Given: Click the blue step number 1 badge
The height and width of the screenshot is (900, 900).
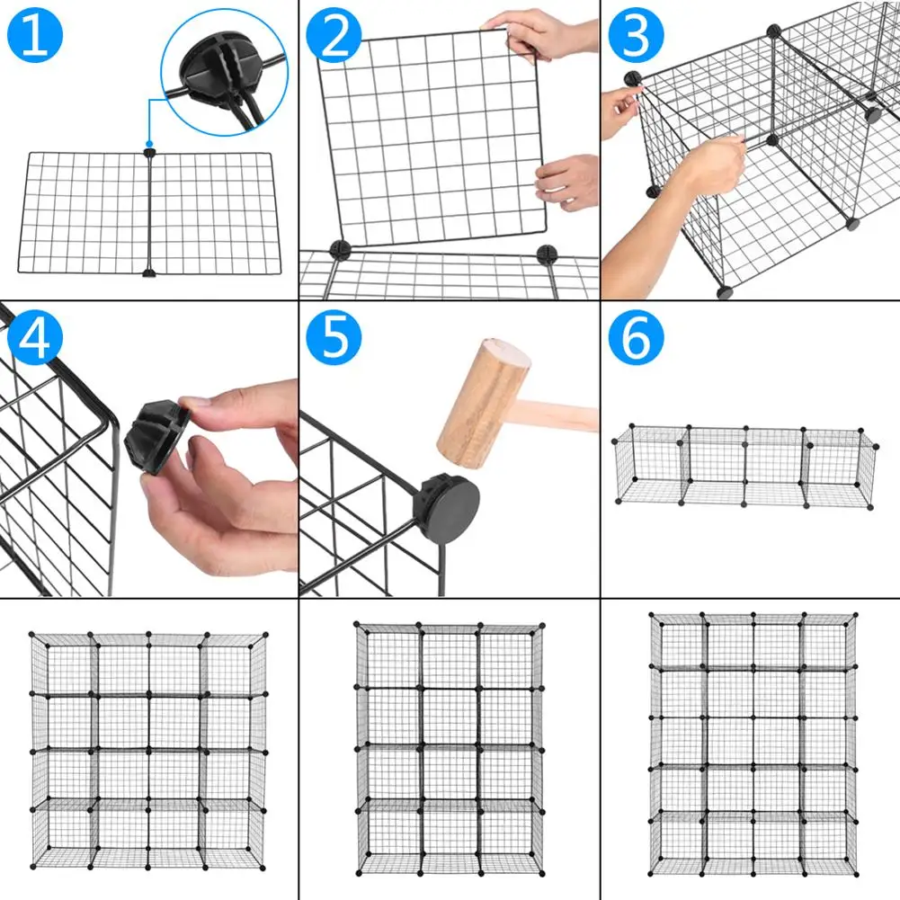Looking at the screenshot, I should pyautogui.click(x=34, y=37).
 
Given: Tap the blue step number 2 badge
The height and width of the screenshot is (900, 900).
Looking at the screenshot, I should pyautogui.click(x=334, y=36).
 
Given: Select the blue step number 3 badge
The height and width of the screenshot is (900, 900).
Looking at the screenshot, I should pyautogui.click(x=635, y=36).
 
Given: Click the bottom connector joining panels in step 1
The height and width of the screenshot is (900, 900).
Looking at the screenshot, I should pyautogui.click(x=149, y=272).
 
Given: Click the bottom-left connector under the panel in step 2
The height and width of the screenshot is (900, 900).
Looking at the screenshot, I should pyautogui.click(x=339, y=249).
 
